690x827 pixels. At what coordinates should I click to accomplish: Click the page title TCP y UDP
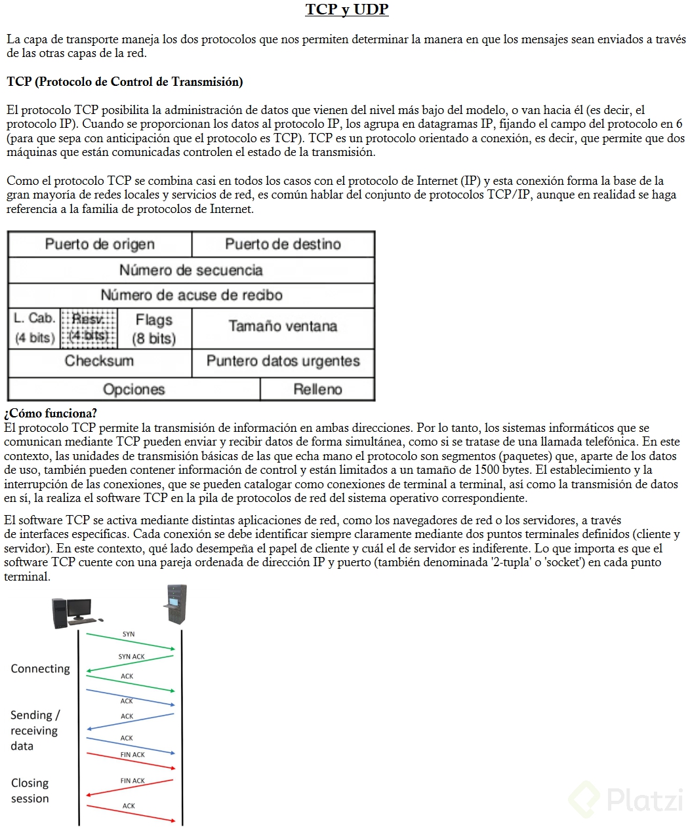[x=346, y=10]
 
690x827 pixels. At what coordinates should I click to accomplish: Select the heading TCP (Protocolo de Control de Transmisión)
[x=125, y=82]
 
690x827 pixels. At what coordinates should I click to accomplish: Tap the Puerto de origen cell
[x=100, y=244]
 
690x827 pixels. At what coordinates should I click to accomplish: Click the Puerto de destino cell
[x=283, y=244]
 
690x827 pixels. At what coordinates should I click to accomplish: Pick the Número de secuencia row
[x=191, y=270]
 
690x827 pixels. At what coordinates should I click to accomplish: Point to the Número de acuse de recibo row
[x=191, y=296]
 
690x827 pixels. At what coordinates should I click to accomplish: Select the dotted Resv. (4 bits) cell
[x=89, y=328]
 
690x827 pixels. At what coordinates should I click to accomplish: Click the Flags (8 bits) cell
[x=154, y=329]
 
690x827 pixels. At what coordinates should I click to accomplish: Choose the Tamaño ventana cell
[x=283, y=326]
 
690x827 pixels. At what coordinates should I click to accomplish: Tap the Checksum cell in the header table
[x=99, y=361]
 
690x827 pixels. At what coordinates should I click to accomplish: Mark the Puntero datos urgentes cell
[x=283, y=361]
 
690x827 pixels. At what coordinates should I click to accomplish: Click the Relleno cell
[x=317, y=389]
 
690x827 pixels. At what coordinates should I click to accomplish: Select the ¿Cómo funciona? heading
[x=51, y=413]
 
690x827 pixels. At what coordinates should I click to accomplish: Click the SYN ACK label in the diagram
[x=131, y=657]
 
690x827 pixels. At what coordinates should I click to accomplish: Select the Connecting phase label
[x=40, y=668]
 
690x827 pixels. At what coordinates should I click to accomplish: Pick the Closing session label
[x=30, y=791]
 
